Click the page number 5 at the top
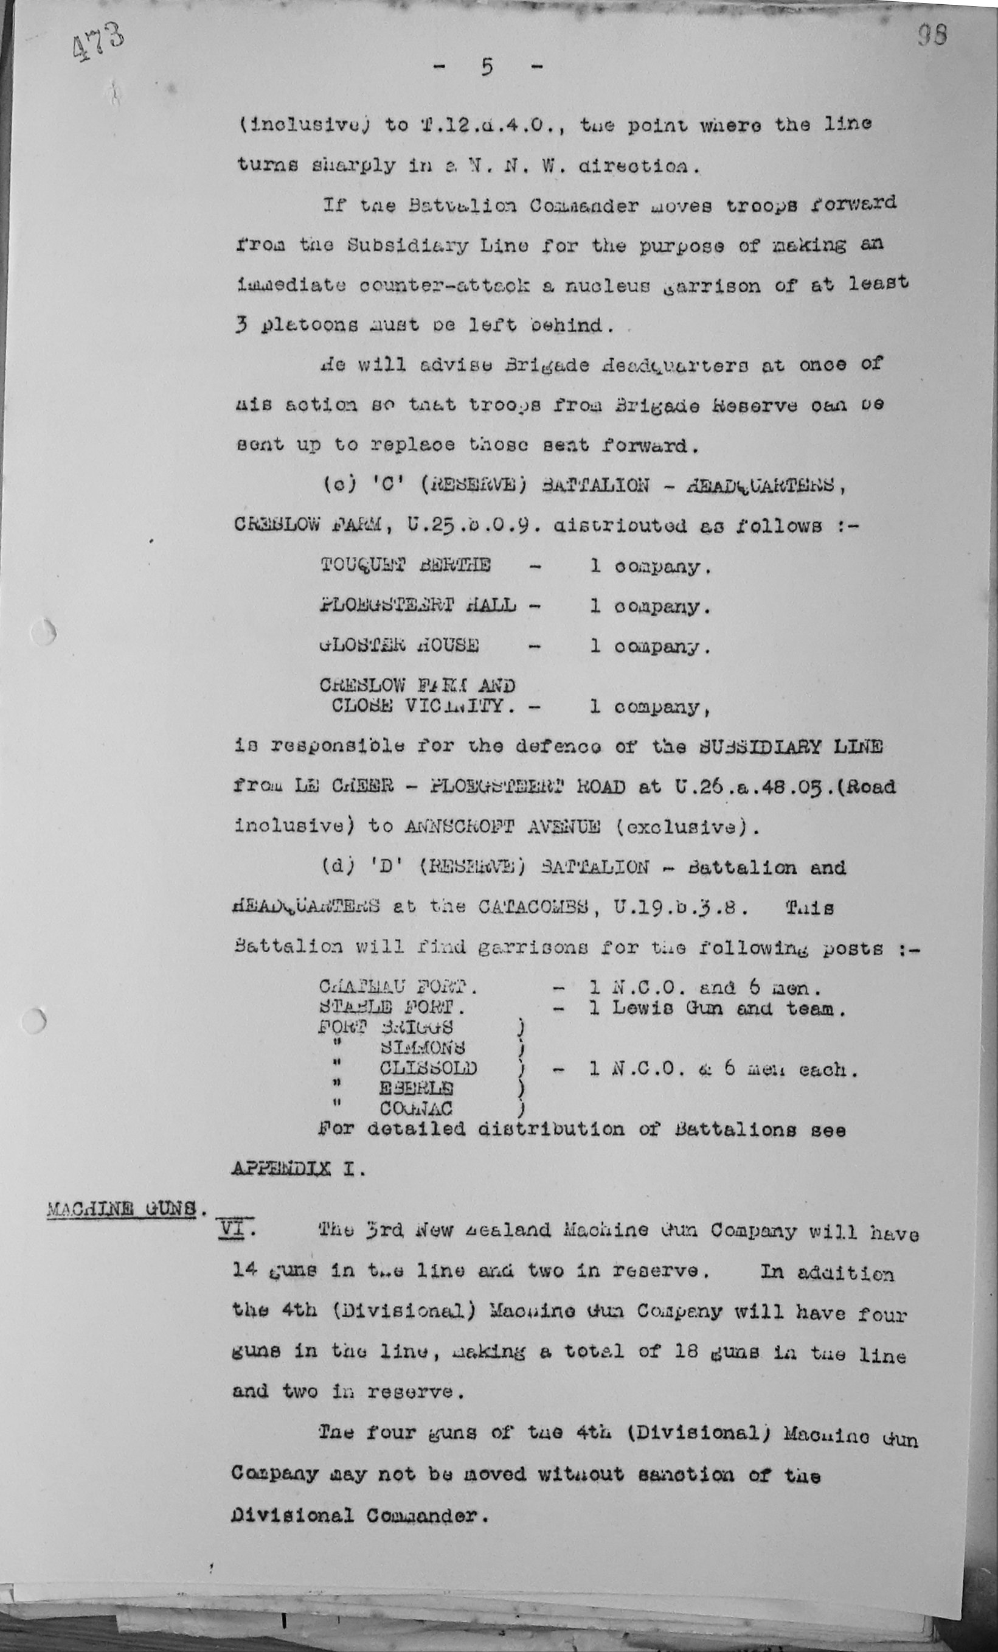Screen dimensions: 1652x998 tap(487, 67)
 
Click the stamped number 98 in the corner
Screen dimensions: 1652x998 tap(932, 35)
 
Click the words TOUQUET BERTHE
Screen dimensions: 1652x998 tap(405, 565)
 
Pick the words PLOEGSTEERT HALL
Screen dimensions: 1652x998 tap(418, 605)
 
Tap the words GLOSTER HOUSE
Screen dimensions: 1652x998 tap(399, 645)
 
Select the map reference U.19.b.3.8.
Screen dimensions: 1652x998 tap(676, 907)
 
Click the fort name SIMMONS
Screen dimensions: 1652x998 tap(422, 1047)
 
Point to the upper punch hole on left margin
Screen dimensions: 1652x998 tap(43, 632)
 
